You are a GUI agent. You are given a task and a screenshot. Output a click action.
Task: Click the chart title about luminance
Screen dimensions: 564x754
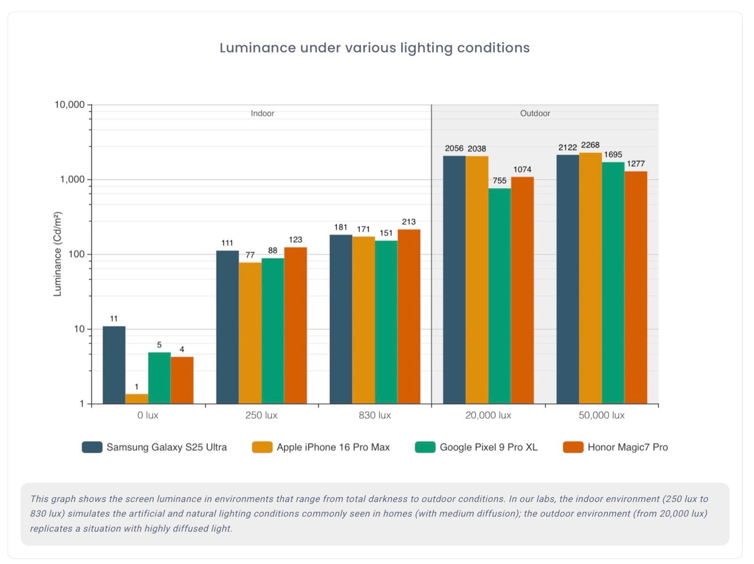(x=374, y=48)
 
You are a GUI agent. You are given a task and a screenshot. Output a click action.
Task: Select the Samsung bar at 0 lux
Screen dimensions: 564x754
(x=114, y=365)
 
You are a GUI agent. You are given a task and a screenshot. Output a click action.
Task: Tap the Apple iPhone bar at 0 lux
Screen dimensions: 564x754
(x=136, y=399)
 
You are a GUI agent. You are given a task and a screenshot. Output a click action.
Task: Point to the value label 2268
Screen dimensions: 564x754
(x=590, y=145)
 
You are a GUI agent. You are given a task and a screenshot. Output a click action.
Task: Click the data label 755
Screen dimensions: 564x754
(x=499, y=181)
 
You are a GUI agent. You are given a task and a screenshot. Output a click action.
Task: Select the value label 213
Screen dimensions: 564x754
(x=408, y=222)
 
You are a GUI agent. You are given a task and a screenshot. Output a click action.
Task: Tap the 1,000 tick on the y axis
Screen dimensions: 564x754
(x=72, y=180)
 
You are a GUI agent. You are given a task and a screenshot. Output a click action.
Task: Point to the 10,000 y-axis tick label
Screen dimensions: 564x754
(x=70, y=105)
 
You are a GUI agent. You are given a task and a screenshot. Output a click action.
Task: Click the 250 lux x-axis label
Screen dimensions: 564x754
(x=261, y=415)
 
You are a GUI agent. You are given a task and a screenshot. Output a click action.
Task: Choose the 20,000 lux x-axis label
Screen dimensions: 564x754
(x=488, y=415)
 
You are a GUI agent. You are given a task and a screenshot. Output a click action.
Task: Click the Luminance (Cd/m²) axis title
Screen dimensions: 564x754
(x=57, y=254)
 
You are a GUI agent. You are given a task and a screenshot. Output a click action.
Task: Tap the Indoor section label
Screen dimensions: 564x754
(x=262, y=113)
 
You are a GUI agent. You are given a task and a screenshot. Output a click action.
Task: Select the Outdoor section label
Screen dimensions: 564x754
(x=534, y=113)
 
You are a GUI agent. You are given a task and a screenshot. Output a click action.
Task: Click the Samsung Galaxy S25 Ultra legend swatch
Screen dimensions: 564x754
(x=92, y=447)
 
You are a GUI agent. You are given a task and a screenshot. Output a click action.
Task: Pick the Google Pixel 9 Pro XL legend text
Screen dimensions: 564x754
(x=488, y=447)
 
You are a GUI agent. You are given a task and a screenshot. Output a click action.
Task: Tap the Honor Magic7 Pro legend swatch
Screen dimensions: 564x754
(x=573, y=447)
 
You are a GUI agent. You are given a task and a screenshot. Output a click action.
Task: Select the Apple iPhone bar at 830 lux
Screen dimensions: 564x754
(x=363, y=320)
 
